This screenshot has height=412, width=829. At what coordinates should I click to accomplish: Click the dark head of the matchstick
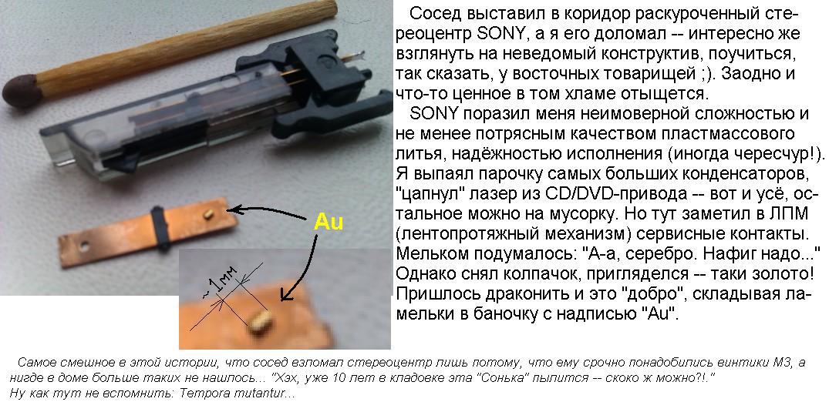coord(19,91)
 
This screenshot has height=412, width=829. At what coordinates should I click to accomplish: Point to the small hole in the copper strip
coord(83,246)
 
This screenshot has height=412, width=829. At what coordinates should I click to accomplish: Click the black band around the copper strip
coord(159,226)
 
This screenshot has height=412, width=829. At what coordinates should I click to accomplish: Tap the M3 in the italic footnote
coord(783,363)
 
